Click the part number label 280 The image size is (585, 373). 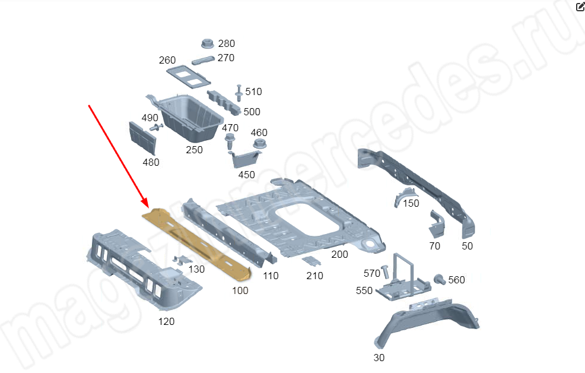coord(227,44)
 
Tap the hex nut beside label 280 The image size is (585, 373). coord(208,43)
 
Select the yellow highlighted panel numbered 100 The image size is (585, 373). coord(197,244)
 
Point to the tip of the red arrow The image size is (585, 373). coord(148,207)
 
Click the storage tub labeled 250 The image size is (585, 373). coord(186,116)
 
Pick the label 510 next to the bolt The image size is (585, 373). coord(253,92)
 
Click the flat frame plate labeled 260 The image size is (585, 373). coord(189,77)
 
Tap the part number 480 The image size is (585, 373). coord(151,162)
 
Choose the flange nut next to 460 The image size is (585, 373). coord(259,144)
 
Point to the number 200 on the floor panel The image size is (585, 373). coord(339,255)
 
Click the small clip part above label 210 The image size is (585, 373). coord(311,261)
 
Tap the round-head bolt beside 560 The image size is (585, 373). coord(440,279)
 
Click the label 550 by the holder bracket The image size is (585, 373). coord(364,291)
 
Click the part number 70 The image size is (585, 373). coord(435,246)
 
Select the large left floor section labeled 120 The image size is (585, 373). coord(144,269)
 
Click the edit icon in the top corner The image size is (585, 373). coord(580,6)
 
